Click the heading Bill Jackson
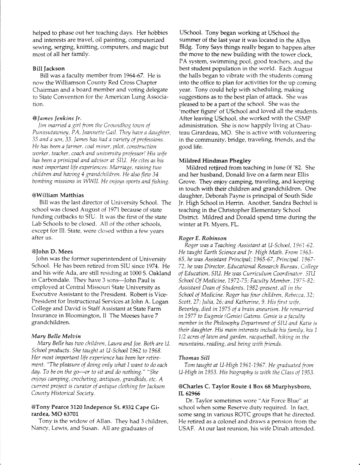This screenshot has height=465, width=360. pos(49,68)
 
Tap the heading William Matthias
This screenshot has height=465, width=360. pos(58,195)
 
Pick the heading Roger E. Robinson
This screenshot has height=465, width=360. pos(202,238)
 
